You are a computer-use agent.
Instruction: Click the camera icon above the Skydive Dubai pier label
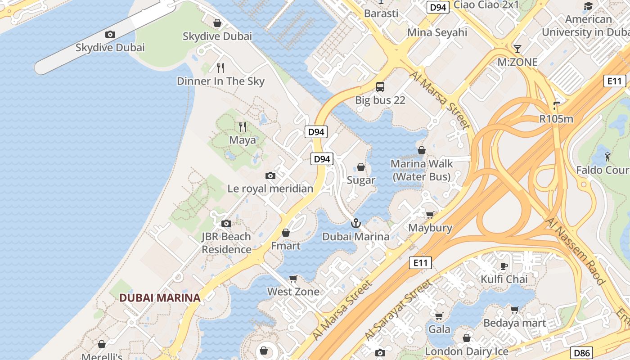tap(110, 34)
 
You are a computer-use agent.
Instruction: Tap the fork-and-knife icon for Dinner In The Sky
tap(220, 68)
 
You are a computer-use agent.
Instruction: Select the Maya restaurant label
tap(243, 140)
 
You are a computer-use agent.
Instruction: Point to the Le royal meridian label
tap(270, 189)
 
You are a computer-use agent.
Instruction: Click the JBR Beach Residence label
tap(226, 243)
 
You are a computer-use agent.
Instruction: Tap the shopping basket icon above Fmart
tap(285, 233)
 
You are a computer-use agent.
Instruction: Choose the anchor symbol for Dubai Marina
tap(356, 223)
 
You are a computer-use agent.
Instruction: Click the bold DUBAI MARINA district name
tap(160, 297)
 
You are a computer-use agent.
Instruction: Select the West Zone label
tap(293, 292)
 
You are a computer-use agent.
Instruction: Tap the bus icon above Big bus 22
tap(380, 87)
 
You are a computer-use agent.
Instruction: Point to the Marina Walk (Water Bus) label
tap(422, 170)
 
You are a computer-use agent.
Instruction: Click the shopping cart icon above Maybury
tap(430, 215)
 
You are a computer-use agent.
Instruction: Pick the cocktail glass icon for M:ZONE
tap(517, 49)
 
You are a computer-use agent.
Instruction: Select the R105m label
tap(557, 119)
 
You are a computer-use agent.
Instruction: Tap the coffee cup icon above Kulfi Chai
tap(504, 266)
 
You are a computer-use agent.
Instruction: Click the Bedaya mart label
tap(515, 323)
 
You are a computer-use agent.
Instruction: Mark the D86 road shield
tap(581, 353)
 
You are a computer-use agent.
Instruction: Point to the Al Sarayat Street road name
tap(398, 310)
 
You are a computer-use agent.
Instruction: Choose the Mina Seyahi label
tap(437, 32)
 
